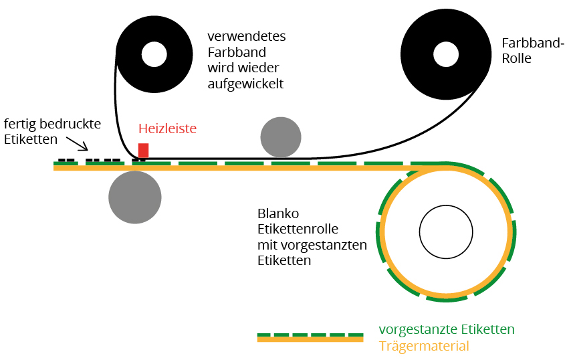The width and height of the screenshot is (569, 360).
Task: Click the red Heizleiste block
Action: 143,151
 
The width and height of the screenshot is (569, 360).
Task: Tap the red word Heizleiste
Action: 168,128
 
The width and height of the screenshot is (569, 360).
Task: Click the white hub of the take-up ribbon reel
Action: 154,54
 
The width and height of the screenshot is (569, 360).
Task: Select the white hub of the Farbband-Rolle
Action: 445,54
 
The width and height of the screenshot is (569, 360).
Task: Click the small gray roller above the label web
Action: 280,137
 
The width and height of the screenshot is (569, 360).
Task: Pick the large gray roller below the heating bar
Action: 135,197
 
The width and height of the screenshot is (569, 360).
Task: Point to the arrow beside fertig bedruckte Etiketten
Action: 77,141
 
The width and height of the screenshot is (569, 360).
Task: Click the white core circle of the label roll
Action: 446,232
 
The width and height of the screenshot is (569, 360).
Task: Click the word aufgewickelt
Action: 245,84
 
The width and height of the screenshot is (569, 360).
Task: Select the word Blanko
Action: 277,214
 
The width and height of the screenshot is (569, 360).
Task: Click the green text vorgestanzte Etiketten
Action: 446,329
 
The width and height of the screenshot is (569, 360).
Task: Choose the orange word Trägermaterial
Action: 423,346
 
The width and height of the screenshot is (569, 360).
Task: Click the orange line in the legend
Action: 310,340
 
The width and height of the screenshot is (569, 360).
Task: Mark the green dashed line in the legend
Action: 310,333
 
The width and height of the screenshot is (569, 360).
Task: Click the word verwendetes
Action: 246,36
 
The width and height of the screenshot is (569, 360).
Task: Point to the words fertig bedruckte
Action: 52,124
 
